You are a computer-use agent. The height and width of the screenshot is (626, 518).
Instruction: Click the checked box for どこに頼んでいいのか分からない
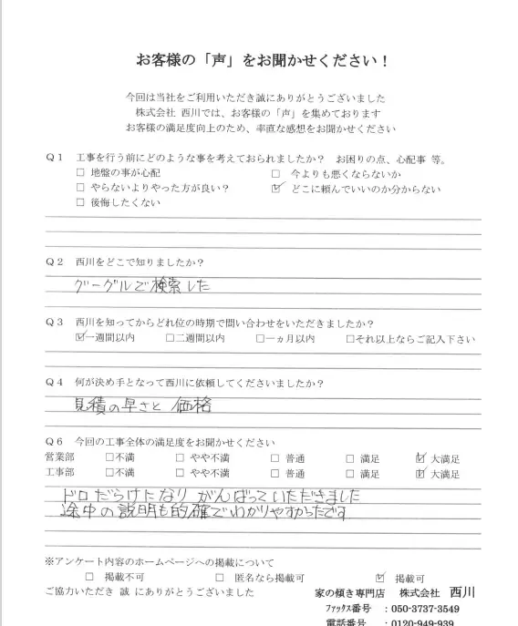tap(277, 189)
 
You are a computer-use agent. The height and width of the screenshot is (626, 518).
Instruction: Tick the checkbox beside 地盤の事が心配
tap(81, 173)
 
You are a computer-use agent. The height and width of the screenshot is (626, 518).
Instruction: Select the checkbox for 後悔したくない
tap(81, 203)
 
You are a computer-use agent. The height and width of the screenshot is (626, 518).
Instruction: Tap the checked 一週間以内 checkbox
tap(80, 338)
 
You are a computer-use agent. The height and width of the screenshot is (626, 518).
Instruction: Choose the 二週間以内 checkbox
tap(170, 339)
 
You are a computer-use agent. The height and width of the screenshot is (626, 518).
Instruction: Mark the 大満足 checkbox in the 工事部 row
tap(420, 474)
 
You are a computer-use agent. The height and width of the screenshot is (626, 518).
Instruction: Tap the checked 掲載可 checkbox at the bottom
tap(380, 577)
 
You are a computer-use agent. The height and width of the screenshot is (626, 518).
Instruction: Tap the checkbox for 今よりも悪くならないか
tap(276, 173)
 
